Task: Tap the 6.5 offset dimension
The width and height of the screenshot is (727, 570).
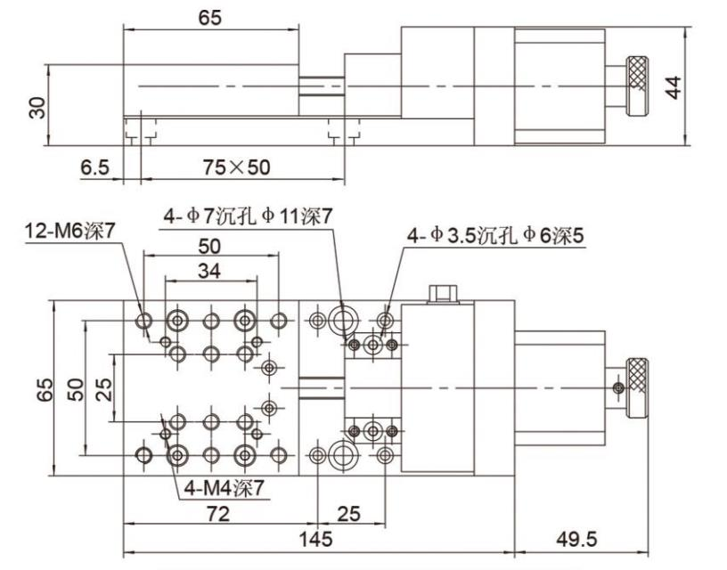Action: (94, 167)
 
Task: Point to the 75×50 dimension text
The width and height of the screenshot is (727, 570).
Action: (235, 167)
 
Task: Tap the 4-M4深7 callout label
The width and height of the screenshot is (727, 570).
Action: (227, 487)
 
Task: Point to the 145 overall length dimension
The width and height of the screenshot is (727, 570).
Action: (315, 539)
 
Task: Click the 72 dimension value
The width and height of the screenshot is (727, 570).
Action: (218, 514)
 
